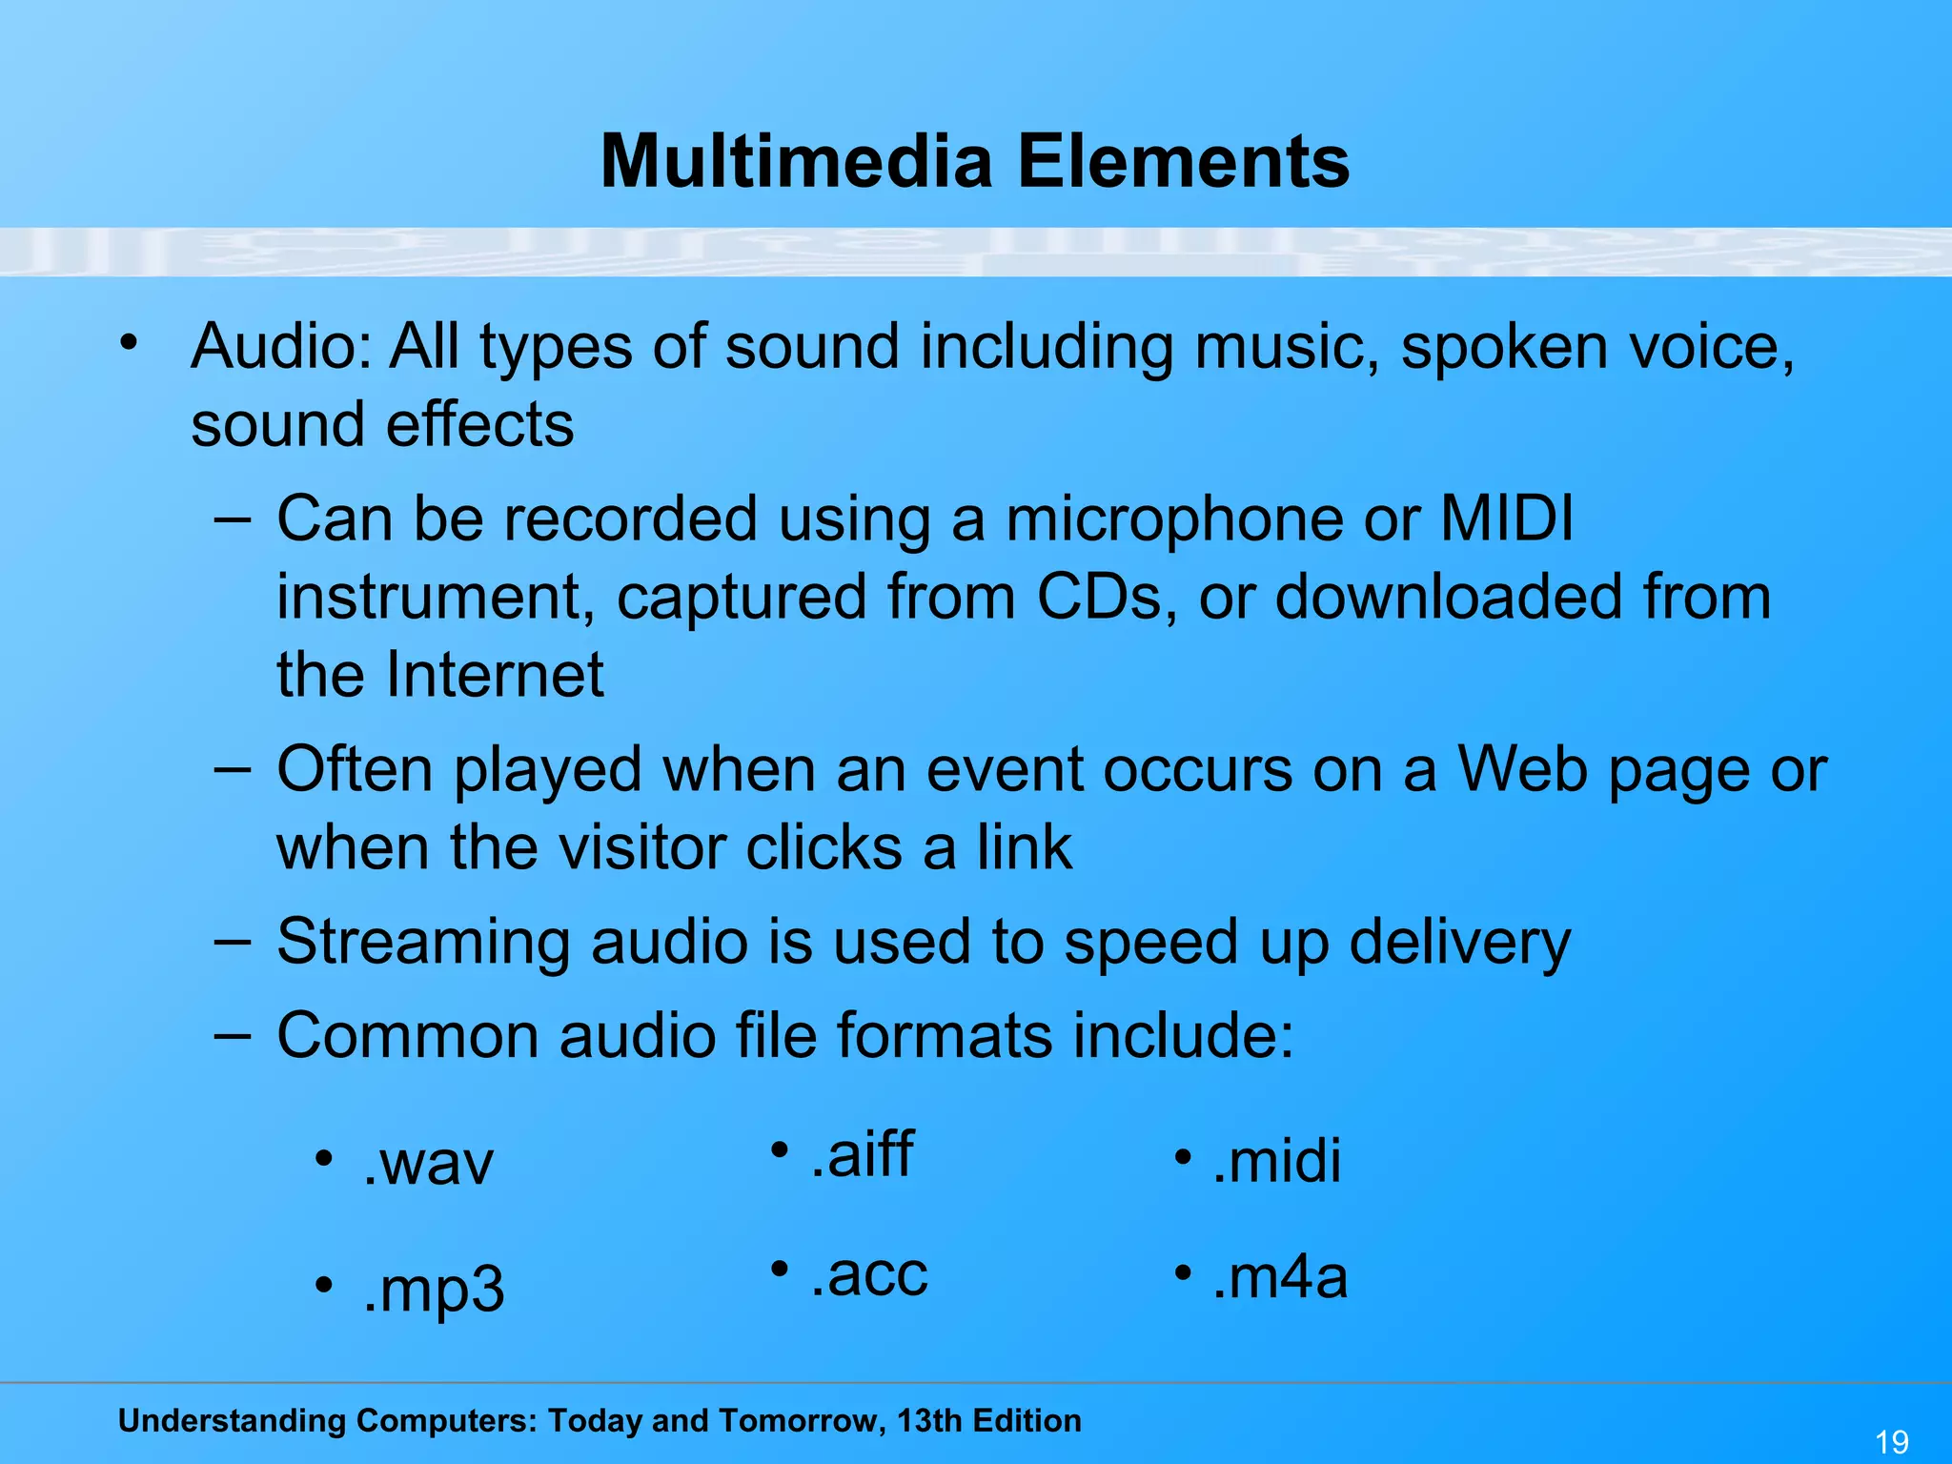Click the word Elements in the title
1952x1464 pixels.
point(1183,161)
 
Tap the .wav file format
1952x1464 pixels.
point(428,1164)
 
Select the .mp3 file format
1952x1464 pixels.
point(434,1290)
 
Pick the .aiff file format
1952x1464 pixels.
point(862,1154)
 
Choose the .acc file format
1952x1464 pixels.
point(868,1274)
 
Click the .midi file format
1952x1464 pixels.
point(1276,1161)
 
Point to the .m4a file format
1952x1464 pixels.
point(1279,1277)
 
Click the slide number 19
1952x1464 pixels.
point(1891,1441)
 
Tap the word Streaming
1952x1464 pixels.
point(423,943)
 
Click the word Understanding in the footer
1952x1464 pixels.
point(233,1421)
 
